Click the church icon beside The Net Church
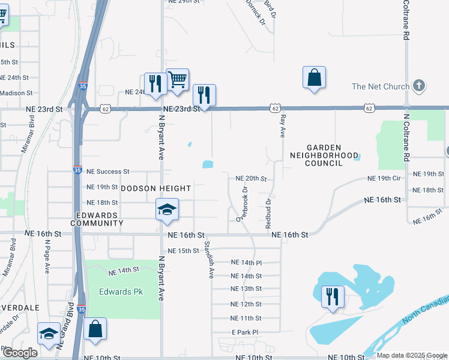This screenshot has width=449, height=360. pos(420,86)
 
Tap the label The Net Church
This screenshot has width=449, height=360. pos(381,86)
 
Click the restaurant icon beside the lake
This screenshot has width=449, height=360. pos(332,296)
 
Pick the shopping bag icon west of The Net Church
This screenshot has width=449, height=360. pos(314,77)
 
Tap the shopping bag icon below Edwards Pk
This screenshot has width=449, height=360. pos(95,328)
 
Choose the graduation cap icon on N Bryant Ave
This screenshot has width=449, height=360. pos(167,209)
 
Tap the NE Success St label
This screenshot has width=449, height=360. pos(108,172)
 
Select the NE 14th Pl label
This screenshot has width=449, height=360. pos(247,263)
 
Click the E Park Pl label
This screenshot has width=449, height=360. pos(244,332)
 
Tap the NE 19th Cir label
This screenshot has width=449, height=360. pos(384,179)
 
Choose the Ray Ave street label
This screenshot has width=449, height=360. pos(282,125)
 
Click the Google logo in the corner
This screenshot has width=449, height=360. pos(20,353)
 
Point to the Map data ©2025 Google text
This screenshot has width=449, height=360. pos(411,355)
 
